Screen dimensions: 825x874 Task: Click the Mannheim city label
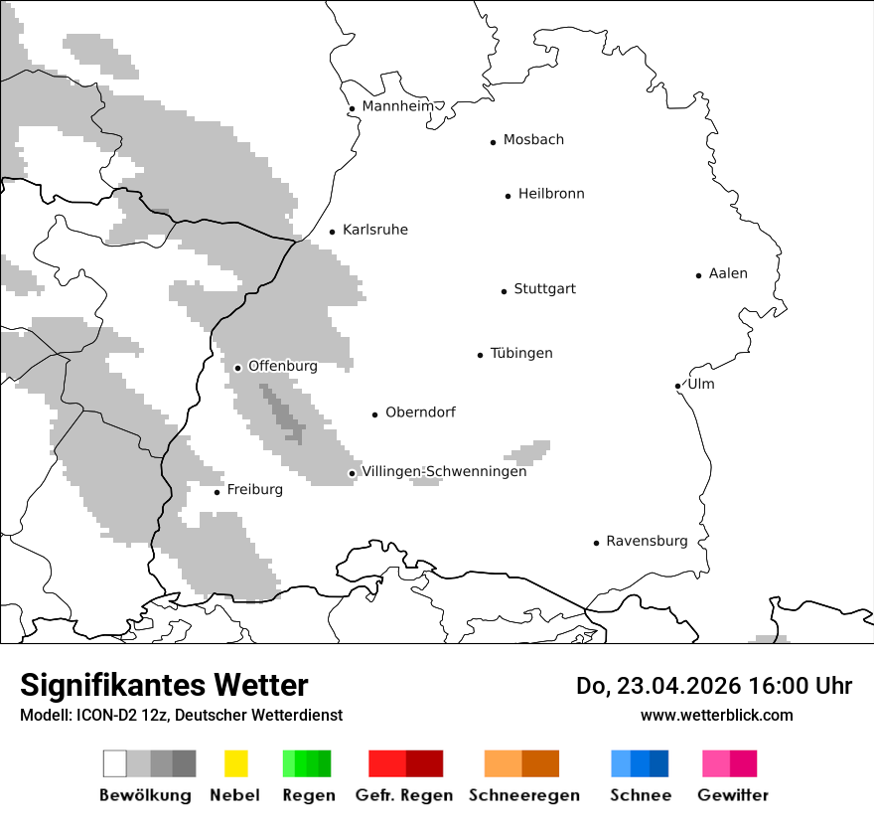[397, 106]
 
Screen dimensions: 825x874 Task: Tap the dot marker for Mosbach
[493, 142]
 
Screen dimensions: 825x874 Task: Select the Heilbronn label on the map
[551, 194]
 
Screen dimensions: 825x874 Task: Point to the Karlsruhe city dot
[333, 233]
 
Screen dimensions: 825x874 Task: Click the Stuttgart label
[544, 289]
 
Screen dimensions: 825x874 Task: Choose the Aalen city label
[728, 273]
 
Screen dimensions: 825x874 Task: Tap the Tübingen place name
[521, 353]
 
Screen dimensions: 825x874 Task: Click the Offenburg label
[283, 366]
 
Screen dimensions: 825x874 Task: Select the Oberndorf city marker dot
[375, 414]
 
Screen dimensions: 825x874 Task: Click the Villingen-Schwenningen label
[444, 471]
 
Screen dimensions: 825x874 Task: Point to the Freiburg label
[254, 490]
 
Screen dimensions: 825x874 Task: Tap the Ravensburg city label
[647, 541]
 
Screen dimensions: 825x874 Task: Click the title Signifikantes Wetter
[164, 685]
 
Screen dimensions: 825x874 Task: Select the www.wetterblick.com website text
[716, 715]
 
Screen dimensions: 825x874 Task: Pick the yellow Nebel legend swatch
[235, 763]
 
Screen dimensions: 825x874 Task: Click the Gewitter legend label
[732, 795]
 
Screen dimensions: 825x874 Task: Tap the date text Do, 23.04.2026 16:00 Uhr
[713, 686]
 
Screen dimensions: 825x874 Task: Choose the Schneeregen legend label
[523, 795]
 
